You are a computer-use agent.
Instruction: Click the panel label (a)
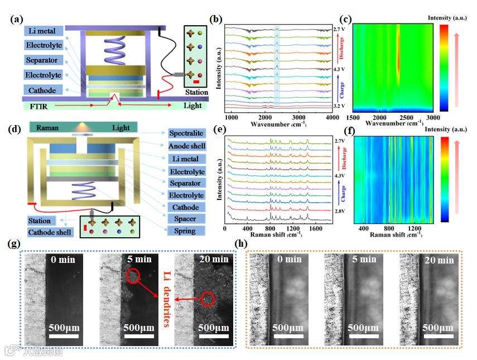[x=17, y=20]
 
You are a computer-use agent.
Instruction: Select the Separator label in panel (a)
[x=43, y=60]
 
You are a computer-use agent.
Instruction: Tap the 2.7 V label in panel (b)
[x=340, y=28]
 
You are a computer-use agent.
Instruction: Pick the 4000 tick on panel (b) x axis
[x=331, y=117]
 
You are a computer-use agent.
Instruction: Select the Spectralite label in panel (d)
[x=187, y=133]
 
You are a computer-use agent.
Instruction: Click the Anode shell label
[x=187, y=146]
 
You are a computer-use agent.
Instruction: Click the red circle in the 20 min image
[x=208, y=299]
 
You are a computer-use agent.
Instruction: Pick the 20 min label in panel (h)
[x=438, y=260]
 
